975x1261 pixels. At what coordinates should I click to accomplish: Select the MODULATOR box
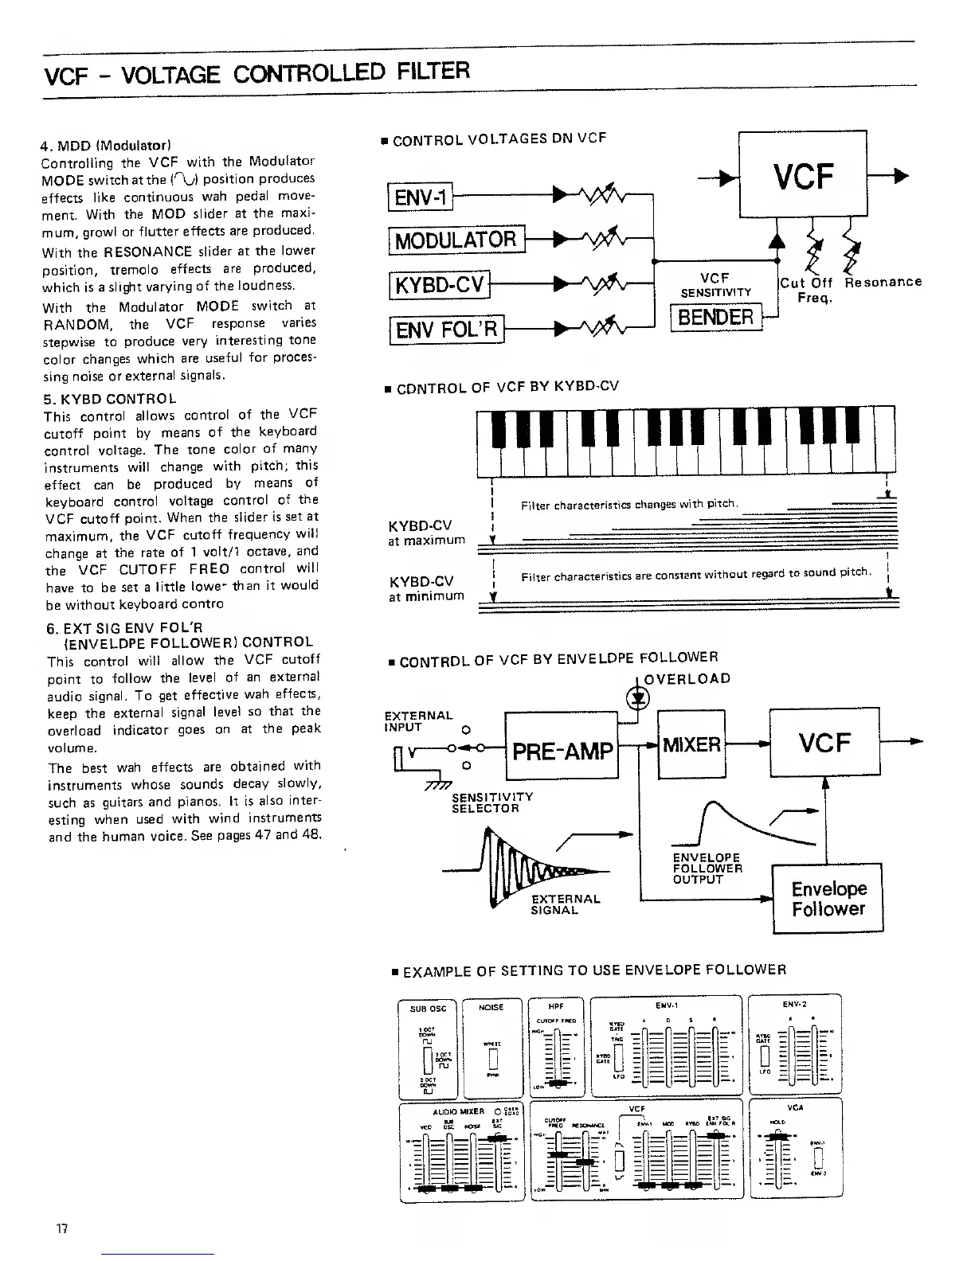click(456, 239)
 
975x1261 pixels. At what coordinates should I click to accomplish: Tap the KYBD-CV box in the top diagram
click(438, 283)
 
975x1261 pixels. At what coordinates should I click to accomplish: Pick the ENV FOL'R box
click(446, 328)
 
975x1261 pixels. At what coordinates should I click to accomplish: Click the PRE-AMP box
click(562, 751)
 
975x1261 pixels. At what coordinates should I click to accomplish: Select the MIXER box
click(691, 744)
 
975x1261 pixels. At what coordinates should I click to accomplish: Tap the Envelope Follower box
click(828, 898)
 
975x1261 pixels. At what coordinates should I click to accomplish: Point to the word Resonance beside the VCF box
click(883, 282)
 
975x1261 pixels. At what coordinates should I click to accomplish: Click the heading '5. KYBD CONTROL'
click(111, 396)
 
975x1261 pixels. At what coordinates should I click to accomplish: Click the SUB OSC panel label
click(427, 1008)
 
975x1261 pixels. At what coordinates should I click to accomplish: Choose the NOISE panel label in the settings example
click(491, 1007)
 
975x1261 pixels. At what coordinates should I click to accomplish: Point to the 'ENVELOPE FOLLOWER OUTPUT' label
click(707, 869)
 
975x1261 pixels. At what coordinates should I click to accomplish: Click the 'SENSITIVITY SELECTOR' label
click(491, 802)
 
